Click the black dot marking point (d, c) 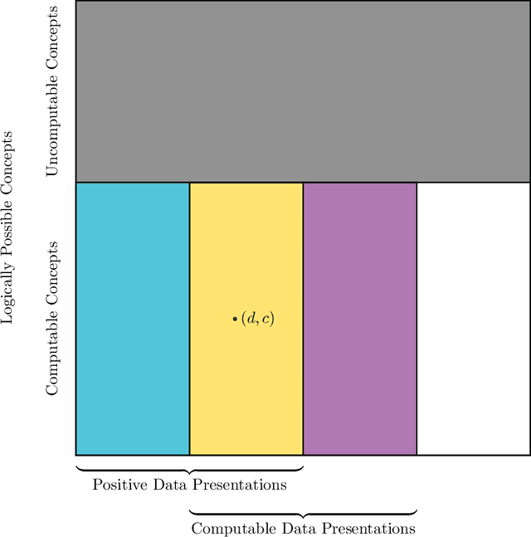(235, 319)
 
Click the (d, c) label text (257, 319)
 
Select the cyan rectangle (133, 319)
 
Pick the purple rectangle (359, 319)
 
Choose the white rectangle (473, 319)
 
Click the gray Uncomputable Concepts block (303, 91)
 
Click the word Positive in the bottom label (115, 485)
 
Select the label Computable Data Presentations (303, 528)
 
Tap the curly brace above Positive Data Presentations (189, 469)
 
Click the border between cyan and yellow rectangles (189, 319)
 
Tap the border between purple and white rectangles (417, 319)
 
